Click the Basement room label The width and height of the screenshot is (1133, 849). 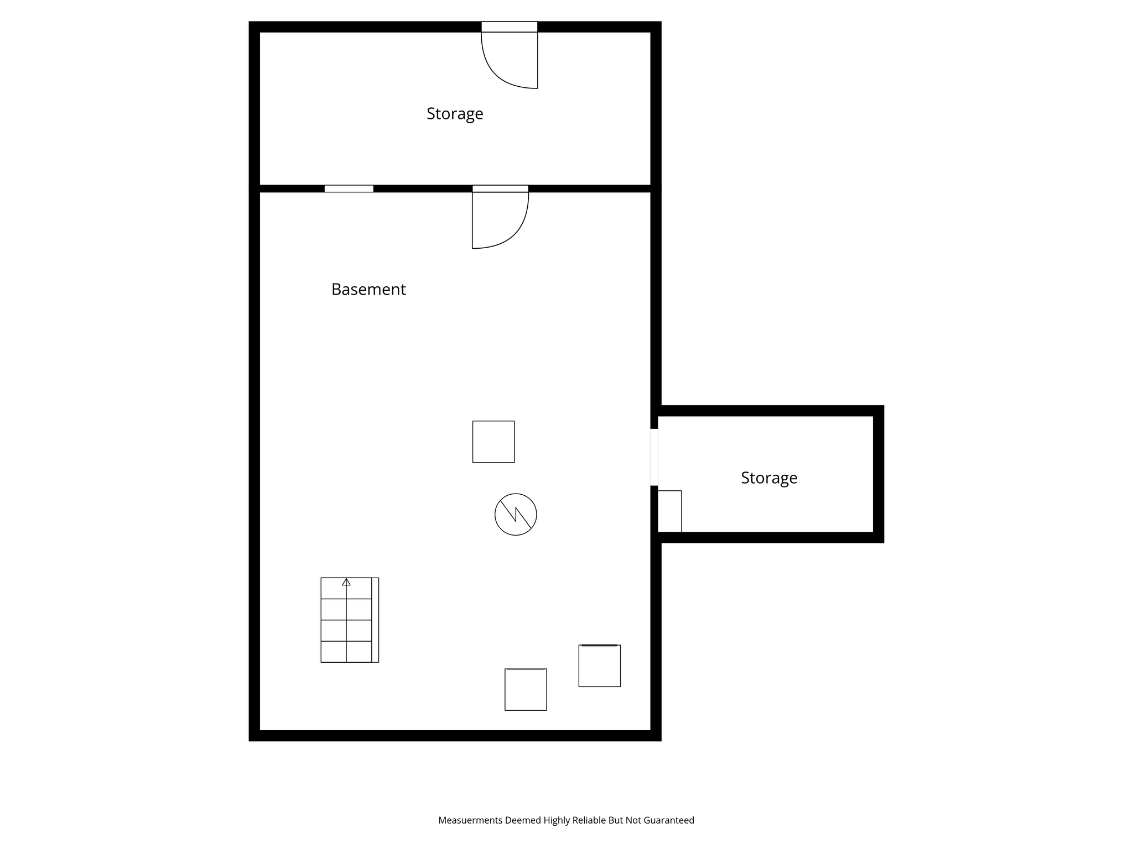368,289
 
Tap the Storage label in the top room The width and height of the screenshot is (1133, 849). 455,114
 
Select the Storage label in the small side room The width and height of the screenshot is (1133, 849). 769,478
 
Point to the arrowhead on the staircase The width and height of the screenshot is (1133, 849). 346,581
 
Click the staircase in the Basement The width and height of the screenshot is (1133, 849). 350,620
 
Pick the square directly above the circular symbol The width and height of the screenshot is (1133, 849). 493,442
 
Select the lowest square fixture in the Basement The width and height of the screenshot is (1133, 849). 526,689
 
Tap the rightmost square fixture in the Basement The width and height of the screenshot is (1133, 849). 600,665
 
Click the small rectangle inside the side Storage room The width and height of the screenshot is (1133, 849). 669,511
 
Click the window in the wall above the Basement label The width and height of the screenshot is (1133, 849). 349,188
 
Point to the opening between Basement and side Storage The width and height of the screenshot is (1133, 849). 654,457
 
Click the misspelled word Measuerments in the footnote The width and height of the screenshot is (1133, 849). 470,820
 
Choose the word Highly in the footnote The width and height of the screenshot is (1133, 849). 555,821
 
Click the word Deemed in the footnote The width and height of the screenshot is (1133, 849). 523,820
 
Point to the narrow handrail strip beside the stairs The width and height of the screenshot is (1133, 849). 376,620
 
